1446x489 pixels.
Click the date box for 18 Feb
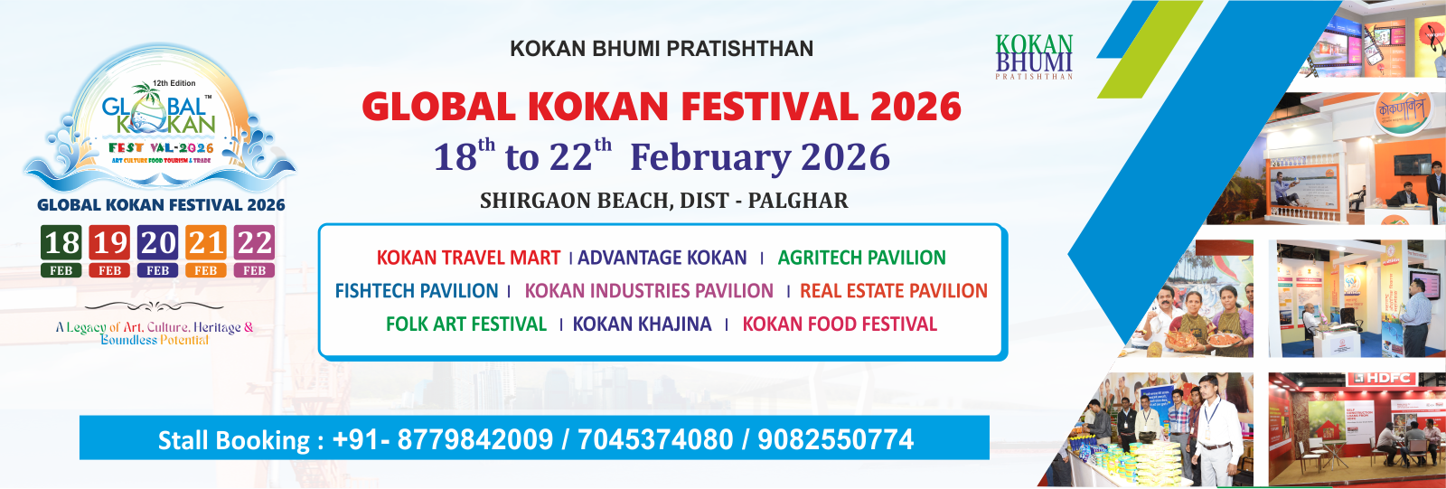pos(61,250)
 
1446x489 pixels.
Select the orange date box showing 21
pos(206,250)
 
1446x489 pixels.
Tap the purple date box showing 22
pos(254,250)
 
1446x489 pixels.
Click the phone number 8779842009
pos(474,440)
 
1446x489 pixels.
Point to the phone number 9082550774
pos(835,440)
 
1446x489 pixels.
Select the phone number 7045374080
pos(655,440)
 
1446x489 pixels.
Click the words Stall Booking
pos(234,441)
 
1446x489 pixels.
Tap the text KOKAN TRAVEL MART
pos(468,259)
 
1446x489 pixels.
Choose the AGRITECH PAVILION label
pos(861,259)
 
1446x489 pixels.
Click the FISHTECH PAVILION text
pos(417,291)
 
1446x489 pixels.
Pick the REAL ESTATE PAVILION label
pos(893,291)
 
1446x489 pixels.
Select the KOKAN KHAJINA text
pos(642,324)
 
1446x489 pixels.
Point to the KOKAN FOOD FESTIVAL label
pos(840,324)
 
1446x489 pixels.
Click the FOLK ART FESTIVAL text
pos(466,324)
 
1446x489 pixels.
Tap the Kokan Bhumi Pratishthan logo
pos(1034,57)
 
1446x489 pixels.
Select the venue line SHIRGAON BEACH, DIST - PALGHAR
pos(663,201)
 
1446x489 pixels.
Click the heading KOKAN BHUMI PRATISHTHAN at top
pos(662,49)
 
